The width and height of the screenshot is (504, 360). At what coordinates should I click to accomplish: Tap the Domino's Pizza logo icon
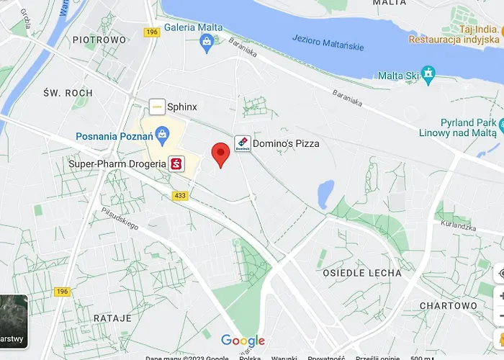(242, 143)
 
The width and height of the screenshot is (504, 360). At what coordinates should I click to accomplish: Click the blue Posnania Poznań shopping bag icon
(163, 133)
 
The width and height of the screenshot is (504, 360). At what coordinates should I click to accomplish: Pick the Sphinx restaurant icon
(157, 107)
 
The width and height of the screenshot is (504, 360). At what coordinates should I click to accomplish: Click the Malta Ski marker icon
(429, 73)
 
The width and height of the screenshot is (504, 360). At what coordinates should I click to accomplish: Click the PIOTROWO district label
(99, 40)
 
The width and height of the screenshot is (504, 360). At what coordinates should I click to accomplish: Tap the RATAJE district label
(112, 317)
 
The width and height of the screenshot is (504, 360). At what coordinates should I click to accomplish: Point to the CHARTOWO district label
(449, 305)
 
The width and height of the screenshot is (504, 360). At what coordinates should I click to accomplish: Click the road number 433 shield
(180, 195)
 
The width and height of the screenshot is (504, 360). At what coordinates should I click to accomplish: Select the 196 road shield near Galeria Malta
(151, 32)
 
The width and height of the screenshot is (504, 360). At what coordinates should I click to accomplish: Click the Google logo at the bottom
(243, 341)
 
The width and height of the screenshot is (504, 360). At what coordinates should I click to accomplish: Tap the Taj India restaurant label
(476, 30)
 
